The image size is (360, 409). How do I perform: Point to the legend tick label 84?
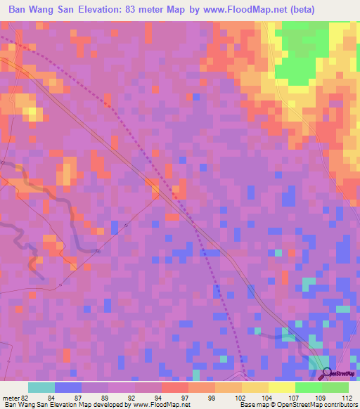(51, 397)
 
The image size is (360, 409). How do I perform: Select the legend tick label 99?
(211, 397)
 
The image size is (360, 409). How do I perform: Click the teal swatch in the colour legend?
(41, 387)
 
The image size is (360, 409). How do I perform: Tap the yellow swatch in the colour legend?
(281, 387)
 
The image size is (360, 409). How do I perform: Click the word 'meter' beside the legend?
(10, 397)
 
